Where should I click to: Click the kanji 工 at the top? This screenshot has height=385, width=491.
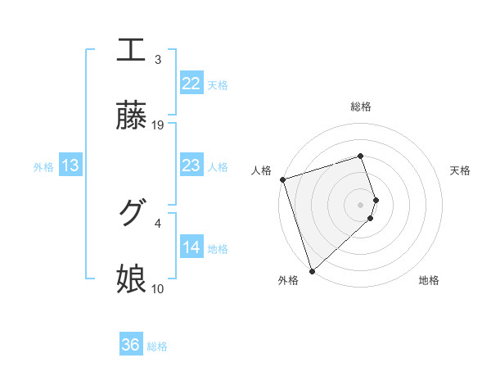[131, 51]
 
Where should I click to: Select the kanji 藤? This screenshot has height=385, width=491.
[131, 116]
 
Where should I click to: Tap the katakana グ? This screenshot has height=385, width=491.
[131, 213]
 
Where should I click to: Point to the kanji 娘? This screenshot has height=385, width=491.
[131, 279]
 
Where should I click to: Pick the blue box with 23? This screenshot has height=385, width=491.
[191, 165]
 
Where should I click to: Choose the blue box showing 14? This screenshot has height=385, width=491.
[191, 247]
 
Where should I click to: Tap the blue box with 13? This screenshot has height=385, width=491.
[70, 165]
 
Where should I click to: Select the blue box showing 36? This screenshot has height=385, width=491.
[131, 345]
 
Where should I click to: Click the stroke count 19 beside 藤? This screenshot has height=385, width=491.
[159, 125]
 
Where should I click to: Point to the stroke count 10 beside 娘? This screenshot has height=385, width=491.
[159, 288]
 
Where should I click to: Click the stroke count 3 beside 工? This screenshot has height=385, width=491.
[158, 60]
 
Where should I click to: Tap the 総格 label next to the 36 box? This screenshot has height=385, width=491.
[157, 346]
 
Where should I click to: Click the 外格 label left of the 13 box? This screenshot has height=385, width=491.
[43, 167]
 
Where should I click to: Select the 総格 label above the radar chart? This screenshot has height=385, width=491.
[361, 106]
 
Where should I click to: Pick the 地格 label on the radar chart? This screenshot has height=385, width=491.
[429, 280]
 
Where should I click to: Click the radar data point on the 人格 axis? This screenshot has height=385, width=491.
[282, 179]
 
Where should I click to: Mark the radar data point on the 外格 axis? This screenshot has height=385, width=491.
[312, 270]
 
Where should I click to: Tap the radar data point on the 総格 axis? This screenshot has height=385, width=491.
[361, 156]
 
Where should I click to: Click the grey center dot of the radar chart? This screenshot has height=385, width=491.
[361, 204]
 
